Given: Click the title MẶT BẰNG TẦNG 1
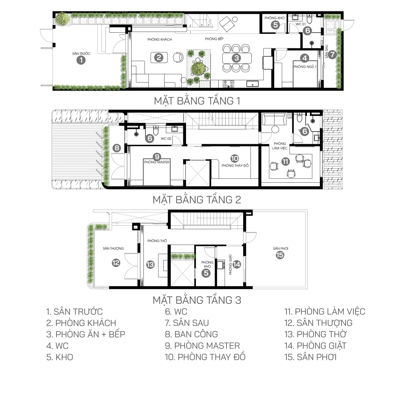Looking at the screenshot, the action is click(x=197, y=101).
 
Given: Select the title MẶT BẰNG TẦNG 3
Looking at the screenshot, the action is click(x=197, y=300).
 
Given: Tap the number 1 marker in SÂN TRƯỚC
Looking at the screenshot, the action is click(x=81, y=60).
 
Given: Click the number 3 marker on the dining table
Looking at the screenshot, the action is click(x=236, y=58).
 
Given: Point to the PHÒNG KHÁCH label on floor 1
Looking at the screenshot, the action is click(x=160, y=39).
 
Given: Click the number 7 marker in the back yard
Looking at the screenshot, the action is click(x=333, y=54).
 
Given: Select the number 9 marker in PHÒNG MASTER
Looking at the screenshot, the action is click(x=157, y=157).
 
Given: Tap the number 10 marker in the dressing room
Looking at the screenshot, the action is click(x=234, y=158).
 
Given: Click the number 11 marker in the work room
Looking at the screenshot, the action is click(x=285, y=161).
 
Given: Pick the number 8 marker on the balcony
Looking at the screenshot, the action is click(x=117, y=148).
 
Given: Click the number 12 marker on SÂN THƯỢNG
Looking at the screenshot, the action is click(x=116, y=263).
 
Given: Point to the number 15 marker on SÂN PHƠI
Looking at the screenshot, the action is click(x=280, y=255).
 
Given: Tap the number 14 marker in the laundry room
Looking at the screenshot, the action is click(x=236, y=264).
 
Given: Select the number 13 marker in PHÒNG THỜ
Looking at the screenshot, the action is click(x=150, y=264).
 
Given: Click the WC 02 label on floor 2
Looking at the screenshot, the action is click(x=166, y=138).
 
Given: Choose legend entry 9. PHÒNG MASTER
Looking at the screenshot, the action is click(x=202, y=346).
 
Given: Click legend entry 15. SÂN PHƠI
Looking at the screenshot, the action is click(x=310, y=357).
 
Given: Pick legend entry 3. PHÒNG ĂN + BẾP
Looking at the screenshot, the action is click(x=85, y=335).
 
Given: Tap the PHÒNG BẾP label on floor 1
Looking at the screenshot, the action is click(x=214, y=39).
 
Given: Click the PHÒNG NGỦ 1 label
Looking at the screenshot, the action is click(x=305, y=67).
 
